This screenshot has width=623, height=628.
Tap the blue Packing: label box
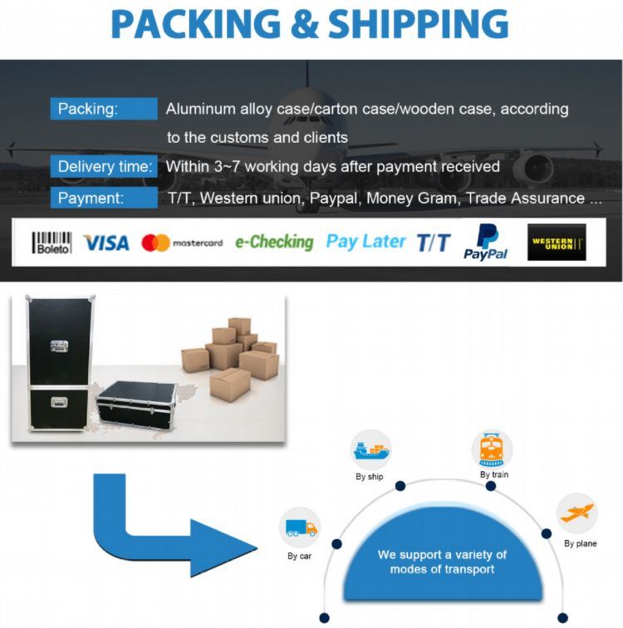click(x=104, y=109)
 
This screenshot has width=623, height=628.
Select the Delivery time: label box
click(x=104, y=166)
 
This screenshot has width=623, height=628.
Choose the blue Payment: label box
click(x=104, y=199)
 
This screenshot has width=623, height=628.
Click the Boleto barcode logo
click(x=52, y=243)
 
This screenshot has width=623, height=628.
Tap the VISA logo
click(x=106, y=243)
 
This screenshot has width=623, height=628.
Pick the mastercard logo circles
click(x=155, y=243)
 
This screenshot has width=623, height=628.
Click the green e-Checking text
click(x=273, y=243)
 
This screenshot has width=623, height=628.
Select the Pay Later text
click(x=365, y=242)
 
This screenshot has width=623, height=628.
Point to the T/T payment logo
click(x=433, y=243)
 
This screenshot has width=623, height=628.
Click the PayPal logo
click(x=486, y=242)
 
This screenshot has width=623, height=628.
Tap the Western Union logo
click(x=557, y=243)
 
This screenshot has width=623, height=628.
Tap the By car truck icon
click(x=300, y=527)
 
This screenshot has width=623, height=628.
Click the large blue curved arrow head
click(x=224, y=546)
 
